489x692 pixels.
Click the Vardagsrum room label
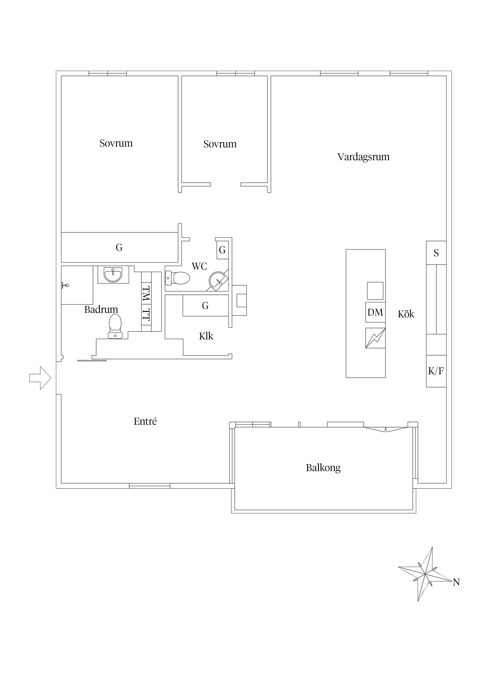click(363, 157)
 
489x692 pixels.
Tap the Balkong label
click(323, 468)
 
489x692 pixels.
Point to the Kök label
click(406, 314)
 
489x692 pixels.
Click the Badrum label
click(101, 310)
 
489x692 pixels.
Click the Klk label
click(206, 336)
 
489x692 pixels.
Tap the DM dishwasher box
click(375, 312)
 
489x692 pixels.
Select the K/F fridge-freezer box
click(436, 371)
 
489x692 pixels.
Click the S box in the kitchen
click(436, 253)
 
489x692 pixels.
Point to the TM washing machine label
click(146, 294)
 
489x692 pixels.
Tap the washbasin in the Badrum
click(113, 274)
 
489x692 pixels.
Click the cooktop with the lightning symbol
click(375, 338)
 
